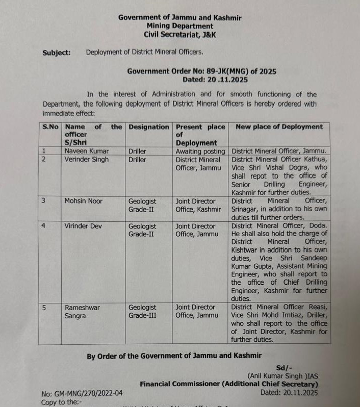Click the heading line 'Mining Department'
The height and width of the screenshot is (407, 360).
coord(179,26)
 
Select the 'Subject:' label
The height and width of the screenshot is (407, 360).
coord(57,52)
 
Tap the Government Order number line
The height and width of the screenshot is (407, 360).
coord(201,71)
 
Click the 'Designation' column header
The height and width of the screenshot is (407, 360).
coord(148,127)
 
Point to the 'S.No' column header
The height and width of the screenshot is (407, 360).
coord(50,127)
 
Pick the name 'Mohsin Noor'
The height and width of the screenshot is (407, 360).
coord(83,201)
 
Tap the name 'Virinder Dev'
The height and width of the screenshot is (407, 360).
coord(84,226)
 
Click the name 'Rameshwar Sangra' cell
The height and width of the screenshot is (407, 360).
coord(83,311)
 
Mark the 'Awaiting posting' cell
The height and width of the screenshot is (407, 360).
coord(200,151)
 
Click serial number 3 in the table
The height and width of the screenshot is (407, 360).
coord(44,201)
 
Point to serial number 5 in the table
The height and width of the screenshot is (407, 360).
coord(44,308)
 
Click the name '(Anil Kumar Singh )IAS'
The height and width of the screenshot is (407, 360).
coord(284,376)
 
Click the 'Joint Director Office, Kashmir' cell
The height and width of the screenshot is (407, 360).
coord(198,205)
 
